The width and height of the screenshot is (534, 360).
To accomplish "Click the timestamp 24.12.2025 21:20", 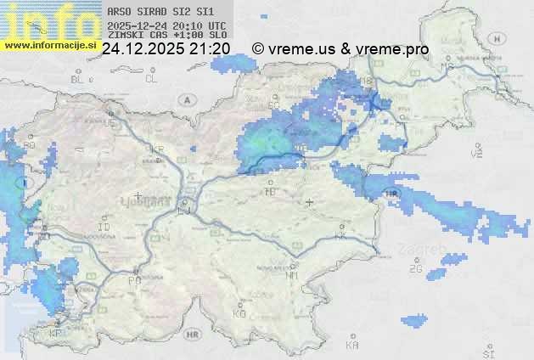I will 166,49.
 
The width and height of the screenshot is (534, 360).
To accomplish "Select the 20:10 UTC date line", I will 166,25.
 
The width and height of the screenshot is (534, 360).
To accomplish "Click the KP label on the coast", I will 56,334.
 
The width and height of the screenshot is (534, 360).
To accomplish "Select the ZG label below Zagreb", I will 415,269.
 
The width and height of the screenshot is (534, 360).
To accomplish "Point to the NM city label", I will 292,275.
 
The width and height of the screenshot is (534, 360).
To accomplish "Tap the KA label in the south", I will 352,346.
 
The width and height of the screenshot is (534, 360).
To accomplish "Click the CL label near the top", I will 151,79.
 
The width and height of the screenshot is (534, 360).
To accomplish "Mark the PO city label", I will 134,280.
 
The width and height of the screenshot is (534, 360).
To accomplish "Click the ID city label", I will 104,228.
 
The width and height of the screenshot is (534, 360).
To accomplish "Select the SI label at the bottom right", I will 487,352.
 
